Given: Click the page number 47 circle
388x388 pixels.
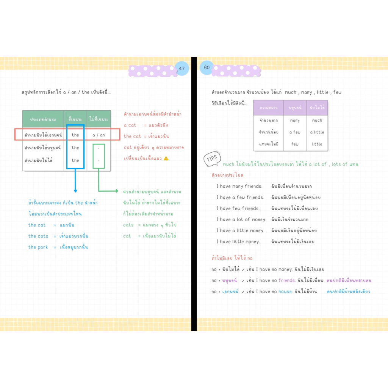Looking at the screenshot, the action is pyautogui.click(x=182, y=69).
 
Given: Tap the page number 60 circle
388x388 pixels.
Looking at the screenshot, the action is pyautogui.click(x=207, y=67).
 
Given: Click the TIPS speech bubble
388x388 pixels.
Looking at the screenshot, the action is pyautogui.click(x=212, y=159).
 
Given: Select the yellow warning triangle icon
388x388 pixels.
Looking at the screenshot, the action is pyautogui.click(x=166, y=158).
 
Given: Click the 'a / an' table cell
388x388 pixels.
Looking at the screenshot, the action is pyautogui.click(x=99, y=135).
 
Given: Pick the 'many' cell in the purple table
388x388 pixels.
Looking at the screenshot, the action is pyautogui.click(x=295, y=120).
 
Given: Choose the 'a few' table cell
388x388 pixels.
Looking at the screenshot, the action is pyautogui.click(x=295, y=132).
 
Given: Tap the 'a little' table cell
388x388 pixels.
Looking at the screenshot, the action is pyautogui.click(x=317, y=132).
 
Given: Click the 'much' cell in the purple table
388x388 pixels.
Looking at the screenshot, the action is pyautogui.click(x=317, y=120).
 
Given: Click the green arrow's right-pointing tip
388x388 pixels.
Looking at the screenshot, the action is pyautogui.click(x=117, y=191).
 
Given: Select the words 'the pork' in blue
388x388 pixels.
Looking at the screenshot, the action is pyautogui.click(x=38, y=247).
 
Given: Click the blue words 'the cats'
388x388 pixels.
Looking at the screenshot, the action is pyautogui.click(x=38, y=236).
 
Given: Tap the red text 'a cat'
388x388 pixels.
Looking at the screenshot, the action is pyautogui.click(x=130, y=125).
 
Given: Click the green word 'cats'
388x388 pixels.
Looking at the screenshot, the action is pyautogui.click(x=128, y=225).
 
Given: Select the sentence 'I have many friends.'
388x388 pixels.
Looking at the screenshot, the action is pyautogui.click(x=239, y=186).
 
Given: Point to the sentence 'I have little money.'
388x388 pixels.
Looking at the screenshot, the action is pyautogui.click(x=238, y=242).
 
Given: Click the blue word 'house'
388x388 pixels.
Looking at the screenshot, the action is pyautogui.click(x=285, y=291).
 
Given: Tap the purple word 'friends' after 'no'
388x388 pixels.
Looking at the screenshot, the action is pyautogui.click(x=286, y=280).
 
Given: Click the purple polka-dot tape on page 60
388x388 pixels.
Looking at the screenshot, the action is pyautogui.click(x=236, y=71).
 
